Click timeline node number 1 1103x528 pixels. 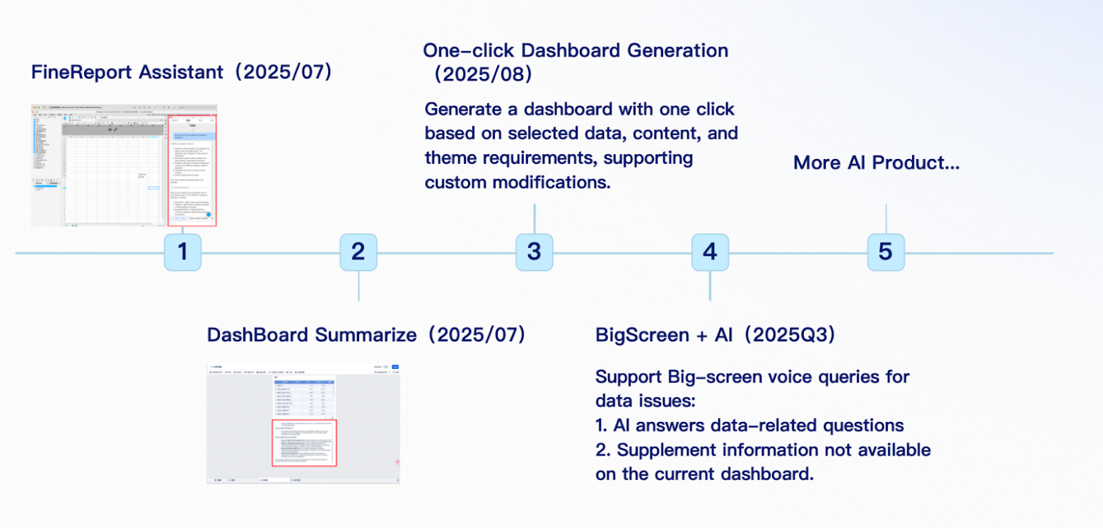pyautogui.click(x=182, y=252)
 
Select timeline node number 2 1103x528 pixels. pyautogui.click(x=358, y=252)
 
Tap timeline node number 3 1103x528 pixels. pyautogui.click(x=534, y=252)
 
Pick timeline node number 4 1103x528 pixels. pyautogui.click(x=710, y=252)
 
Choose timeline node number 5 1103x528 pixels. pyautogui.click(x=885, y=252)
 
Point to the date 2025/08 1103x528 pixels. pyautogui.click(x=484, y=74)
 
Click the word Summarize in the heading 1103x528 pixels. pyautogui.click(x=366, y=335)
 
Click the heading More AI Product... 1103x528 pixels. pyautogui.click(x=876, y=163)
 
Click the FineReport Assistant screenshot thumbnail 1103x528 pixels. pyautogui.click(x=124, y=166)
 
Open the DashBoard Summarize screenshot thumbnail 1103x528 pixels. pyautogui.click(x=303, y=423)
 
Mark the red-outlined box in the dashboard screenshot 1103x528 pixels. pyautogui.click(x=305, y=442)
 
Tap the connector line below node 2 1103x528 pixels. pyautogui.click(x=358, y=286)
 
